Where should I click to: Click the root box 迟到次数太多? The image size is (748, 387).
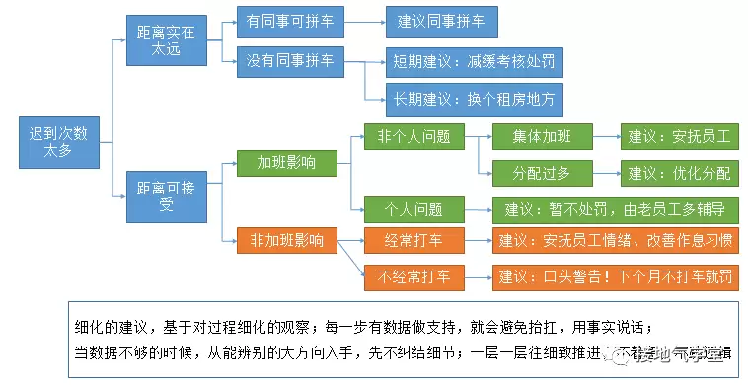(57, 142)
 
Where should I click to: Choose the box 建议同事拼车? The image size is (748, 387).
(441, 21)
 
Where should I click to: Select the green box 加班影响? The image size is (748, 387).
(286, 162)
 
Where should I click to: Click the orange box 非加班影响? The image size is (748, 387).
(286, 239)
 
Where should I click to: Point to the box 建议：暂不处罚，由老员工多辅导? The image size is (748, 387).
(615, 208)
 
